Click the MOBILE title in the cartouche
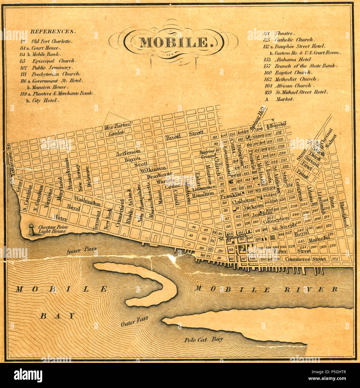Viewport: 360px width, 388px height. [x=174, y=42]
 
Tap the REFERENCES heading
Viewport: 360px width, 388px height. [x=53, y=32]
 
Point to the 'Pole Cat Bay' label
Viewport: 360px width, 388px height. [x=203, y=339]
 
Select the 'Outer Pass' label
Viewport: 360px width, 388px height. [x=134, y=322]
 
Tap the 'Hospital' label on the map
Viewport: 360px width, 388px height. [x=278, y=125]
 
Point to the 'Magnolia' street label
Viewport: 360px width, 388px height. [x=319, y=239]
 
